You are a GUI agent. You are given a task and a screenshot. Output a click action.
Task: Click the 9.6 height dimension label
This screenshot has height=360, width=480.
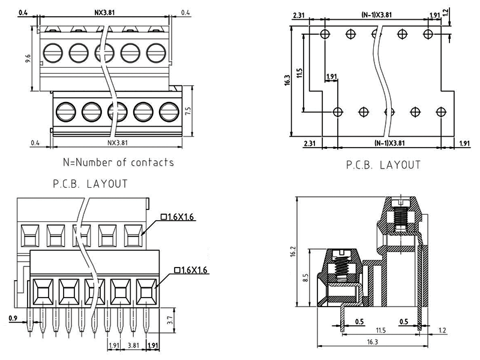27,58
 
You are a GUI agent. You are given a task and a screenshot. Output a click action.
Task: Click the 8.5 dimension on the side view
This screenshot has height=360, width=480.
305,278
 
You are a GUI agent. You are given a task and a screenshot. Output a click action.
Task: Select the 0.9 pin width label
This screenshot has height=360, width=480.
13,318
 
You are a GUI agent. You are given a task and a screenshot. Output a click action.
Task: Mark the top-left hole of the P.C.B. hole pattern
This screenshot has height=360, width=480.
325,34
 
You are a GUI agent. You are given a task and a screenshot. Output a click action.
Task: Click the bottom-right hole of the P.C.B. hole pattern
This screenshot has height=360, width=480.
442,112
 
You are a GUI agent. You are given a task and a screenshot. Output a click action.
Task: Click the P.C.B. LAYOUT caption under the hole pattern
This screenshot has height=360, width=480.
383,164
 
